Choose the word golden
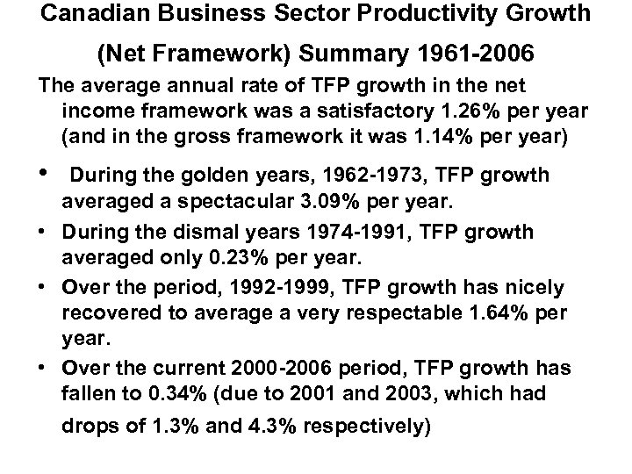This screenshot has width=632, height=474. [190, 176]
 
